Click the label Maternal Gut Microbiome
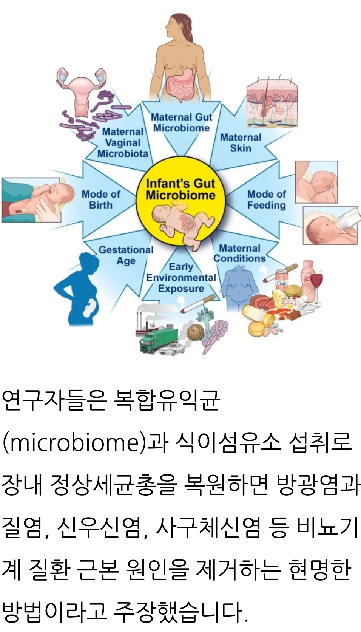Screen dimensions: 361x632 coord(181,122)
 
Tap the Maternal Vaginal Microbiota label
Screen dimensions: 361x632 coord(123,143)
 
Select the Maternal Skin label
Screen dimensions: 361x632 coord(241,142)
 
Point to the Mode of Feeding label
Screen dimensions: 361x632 coord(266,199)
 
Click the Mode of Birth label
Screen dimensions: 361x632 coord(101,199)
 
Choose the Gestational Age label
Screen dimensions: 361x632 coord(126,255)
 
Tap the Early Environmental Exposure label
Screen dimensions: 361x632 coord(181,278)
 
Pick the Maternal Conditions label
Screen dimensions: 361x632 coord(240,253)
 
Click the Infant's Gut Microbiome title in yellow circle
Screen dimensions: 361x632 coord(180,189)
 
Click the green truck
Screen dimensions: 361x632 coord(158,339)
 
